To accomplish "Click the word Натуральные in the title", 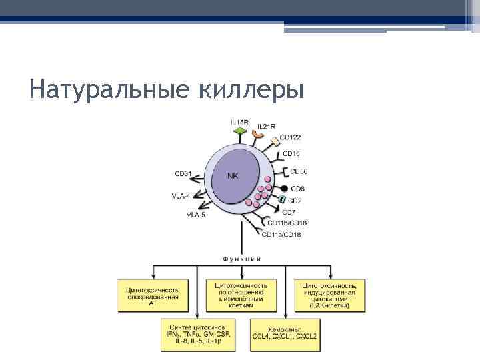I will point(109,89).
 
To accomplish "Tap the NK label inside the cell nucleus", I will point(233,176).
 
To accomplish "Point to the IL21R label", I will point(267,125).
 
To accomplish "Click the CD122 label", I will point(291,138).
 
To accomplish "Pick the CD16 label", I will point(291,154).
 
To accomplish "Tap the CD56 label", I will point(298,172).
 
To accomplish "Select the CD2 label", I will point(294,200).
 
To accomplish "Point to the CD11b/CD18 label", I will point(287,223).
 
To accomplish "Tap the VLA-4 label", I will point(181,196).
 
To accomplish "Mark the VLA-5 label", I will point(195,215).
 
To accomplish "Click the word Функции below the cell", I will point(241,257).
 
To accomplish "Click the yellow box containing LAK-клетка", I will point(329,295).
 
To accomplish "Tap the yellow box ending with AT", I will point(152,295).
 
